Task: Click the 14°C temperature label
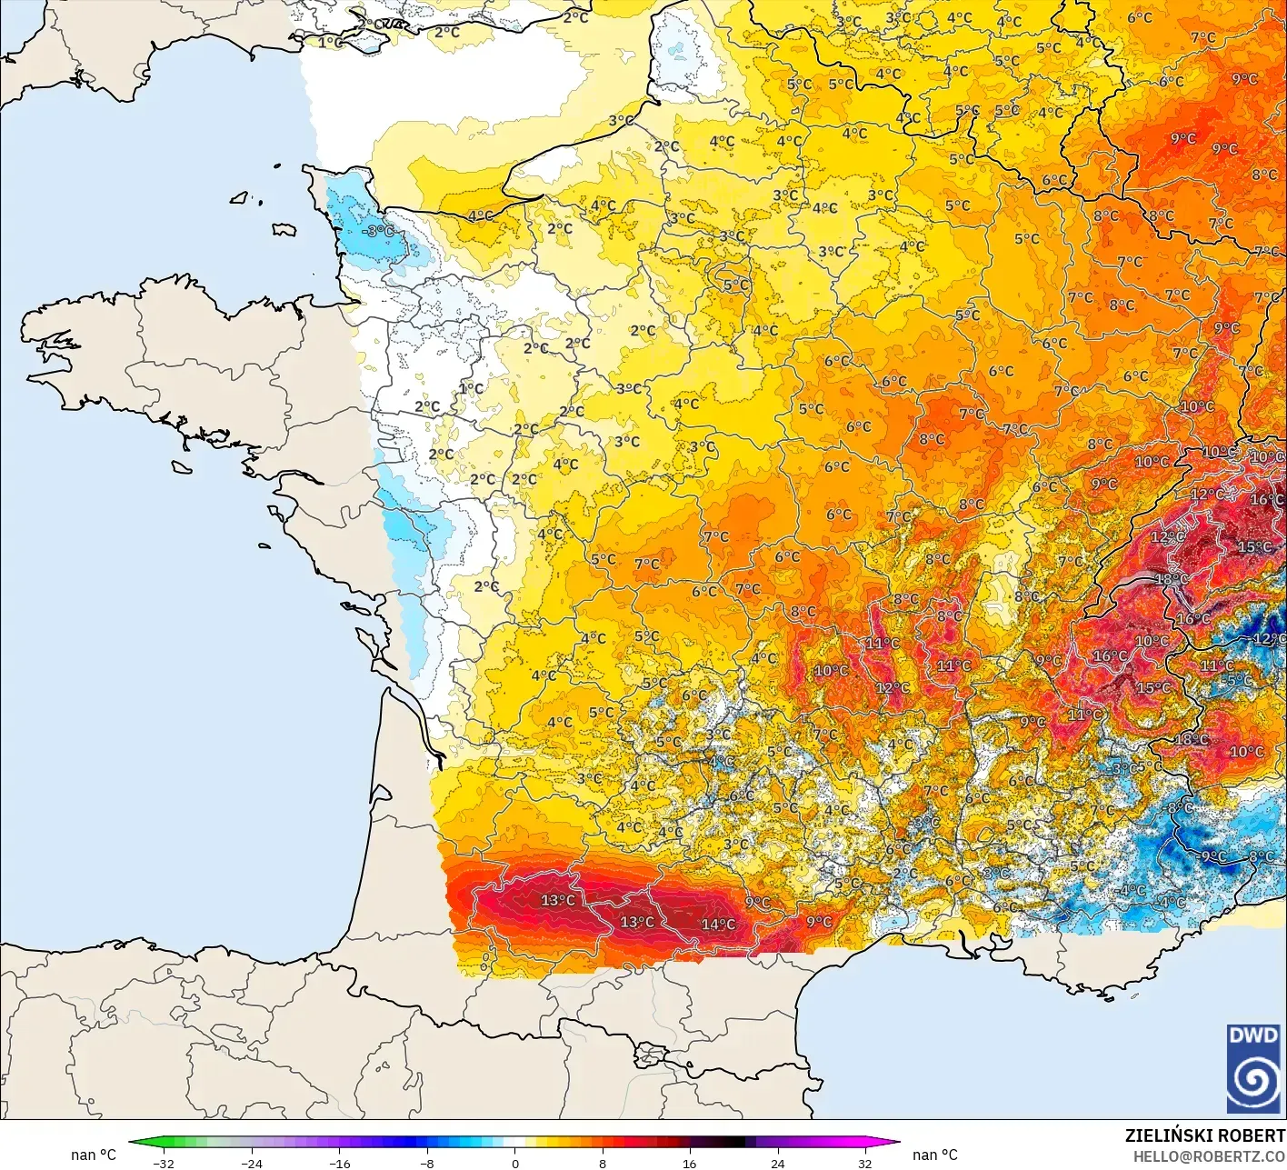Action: pos(718,925)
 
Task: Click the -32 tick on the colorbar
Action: pos(163,1163)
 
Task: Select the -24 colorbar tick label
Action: pos(251,1163)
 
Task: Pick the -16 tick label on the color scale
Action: pos(339,1163)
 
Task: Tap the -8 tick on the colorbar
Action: pos(427,1163)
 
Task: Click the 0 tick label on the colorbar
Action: pos(514,1163)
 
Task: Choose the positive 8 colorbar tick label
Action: pos(603,1163)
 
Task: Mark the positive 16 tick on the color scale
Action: pos(690,1163)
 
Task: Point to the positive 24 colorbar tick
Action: pos(778,1163)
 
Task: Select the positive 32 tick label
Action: pos(865,1163)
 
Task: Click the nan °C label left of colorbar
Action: pos(94,1155)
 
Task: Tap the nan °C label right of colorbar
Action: pos(935,1155)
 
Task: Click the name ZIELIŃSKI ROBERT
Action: pos(1205,1135)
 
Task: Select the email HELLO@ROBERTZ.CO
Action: pos(1209,1155)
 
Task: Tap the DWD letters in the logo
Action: pos(1253,1035)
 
